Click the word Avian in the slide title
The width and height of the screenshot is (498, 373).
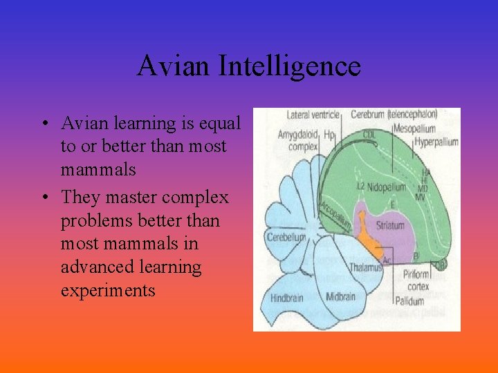point(173,66)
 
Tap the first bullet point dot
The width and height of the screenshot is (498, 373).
point(44,125)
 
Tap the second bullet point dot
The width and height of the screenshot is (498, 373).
point(44,198)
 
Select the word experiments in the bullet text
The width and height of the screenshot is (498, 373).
point(108,290)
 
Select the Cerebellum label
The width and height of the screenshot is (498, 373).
point(286,237)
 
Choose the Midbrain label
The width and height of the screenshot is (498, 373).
point(340,297)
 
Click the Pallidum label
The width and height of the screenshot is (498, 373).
point(410,300)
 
